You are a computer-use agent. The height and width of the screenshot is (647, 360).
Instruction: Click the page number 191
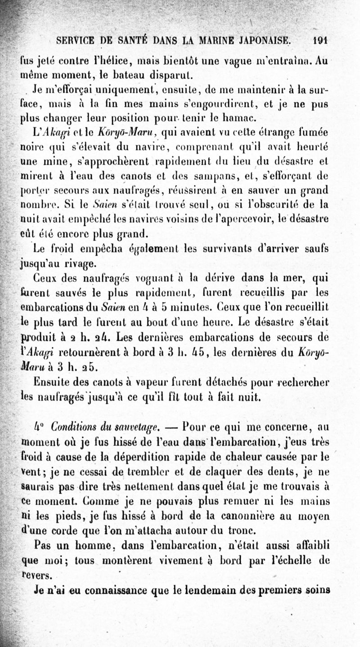tap(320, 39)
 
